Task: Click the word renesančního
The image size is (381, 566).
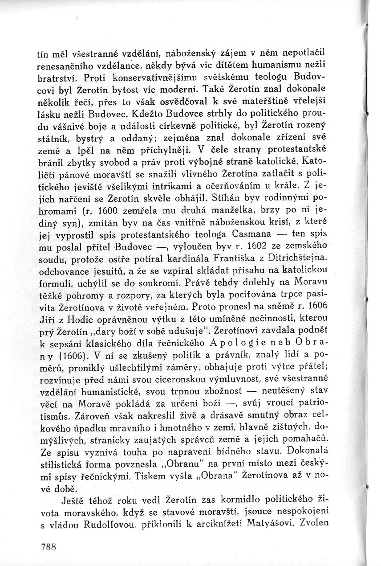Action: (x=63, y=66)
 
